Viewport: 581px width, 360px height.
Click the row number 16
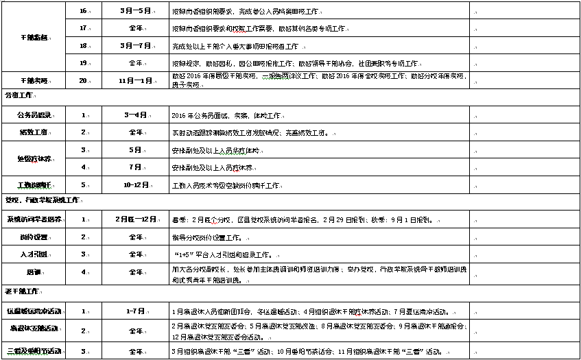click(83, 11)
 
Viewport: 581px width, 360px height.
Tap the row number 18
click(83, 45)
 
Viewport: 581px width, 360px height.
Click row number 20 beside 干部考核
click(83, 80)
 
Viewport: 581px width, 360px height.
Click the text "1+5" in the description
click(185, 254)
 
